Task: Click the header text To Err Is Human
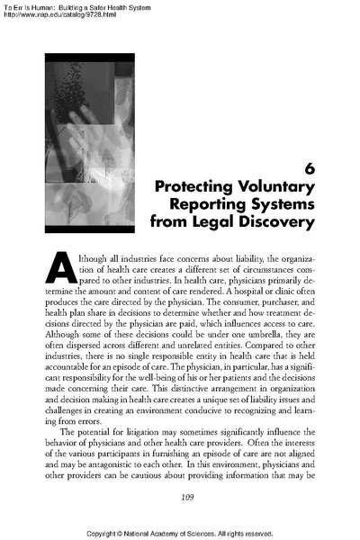[x=32, y=6]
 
